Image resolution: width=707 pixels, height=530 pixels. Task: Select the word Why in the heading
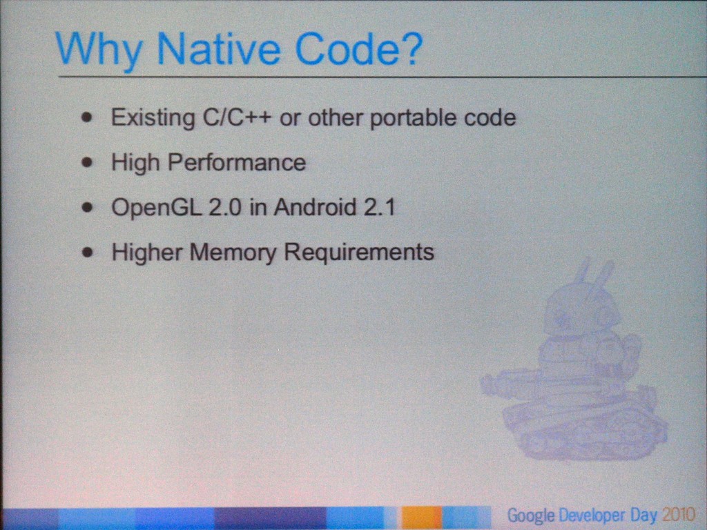coord(99,51)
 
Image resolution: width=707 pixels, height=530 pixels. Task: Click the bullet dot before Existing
coord(88,118)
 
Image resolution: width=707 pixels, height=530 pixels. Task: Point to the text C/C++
coord(237,117)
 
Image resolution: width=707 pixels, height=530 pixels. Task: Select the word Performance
coord(237,162)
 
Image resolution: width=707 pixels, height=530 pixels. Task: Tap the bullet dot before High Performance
coord(88,163)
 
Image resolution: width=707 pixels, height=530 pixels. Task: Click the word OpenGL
coord(156,208)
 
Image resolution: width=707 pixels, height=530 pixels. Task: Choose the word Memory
coord(233,253)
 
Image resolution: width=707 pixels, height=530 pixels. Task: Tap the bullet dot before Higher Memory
coord(88,253)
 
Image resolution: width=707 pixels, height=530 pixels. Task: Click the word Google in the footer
coord(531,515)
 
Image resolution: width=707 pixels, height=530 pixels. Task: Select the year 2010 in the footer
coord(679,514)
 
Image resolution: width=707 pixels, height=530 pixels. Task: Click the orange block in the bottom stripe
coord(421,518)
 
